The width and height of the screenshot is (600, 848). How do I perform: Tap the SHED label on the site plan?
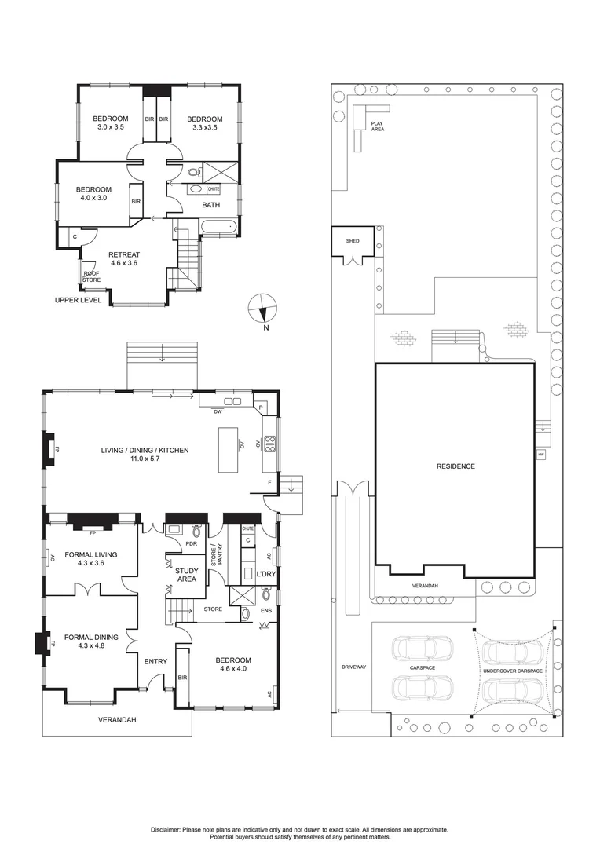353,241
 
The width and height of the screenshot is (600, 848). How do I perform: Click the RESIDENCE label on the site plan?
455,466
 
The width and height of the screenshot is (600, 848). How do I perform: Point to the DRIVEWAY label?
353,667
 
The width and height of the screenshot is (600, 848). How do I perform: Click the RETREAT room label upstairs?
124,254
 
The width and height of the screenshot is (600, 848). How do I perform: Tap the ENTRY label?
155,661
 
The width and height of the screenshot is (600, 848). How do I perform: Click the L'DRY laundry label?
266,575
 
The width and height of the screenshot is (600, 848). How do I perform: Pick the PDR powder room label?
191,543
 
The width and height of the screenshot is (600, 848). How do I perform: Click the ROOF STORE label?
91,276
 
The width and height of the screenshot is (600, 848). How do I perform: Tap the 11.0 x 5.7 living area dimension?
144,460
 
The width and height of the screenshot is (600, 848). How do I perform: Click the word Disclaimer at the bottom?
166,829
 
